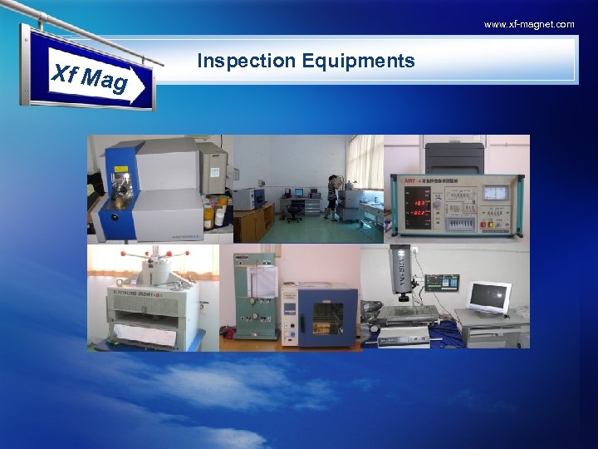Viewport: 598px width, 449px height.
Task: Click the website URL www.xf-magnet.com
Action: pos(529,24)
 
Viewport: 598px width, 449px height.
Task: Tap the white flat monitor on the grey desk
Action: pos(489,298)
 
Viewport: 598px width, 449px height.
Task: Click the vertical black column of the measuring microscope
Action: pos(402,270)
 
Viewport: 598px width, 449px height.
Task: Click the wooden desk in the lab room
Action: pos(253,220)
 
